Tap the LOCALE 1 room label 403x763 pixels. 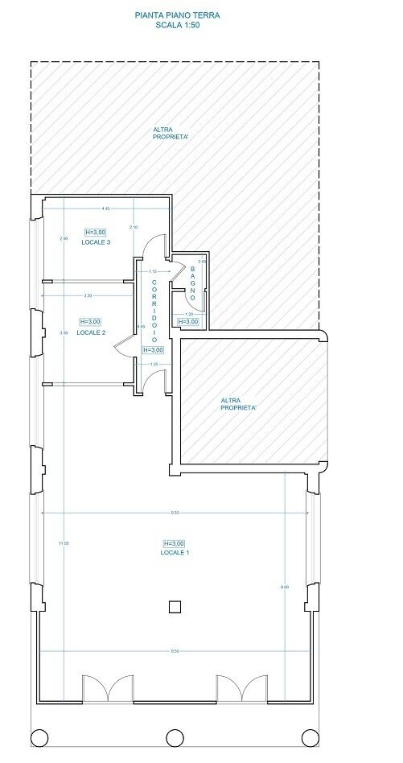pos(175,553)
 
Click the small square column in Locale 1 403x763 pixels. pos(175,607)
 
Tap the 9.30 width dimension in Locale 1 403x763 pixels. pos(175,512)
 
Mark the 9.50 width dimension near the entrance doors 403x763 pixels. pos(175,650)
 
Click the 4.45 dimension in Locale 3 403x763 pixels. pos(105,208)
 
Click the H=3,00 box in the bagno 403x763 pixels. pos(187,321)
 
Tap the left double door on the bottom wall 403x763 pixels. pos(104,689)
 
